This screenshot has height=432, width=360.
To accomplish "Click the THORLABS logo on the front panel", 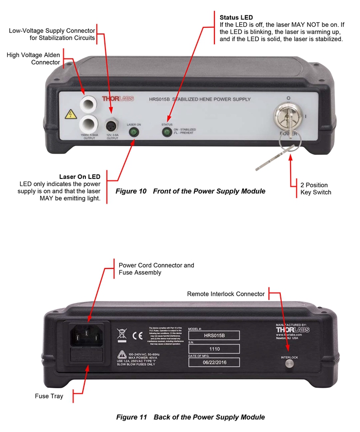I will pyautogui.click(x=117, y=98).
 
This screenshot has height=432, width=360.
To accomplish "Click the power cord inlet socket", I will pyautogui.click(x=86, y=336).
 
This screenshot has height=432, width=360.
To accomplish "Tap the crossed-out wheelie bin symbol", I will pyautogui.click(x=122, y=335).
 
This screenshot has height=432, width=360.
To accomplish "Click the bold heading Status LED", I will pyautogui.click(x=236, y=18).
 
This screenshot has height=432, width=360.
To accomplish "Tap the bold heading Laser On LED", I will pyautogui.click(x=80, y=177).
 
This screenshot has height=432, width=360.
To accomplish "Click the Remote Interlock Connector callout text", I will pyautogui.click(x=226, y=294).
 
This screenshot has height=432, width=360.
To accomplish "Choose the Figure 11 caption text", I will pyautogui.click(x=190, y=417).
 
